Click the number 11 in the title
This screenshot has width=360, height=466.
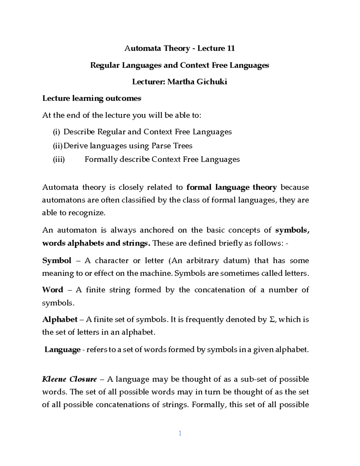coord(230,49)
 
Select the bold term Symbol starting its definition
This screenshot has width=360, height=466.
coord(57,260)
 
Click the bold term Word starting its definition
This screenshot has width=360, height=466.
coord(53,290)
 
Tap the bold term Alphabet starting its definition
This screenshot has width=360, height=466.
coord(60,319)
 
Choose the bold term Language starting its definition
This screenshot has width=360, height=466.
coord(62,350)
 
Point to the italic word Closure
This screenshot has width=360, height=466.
coord(83,379)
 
